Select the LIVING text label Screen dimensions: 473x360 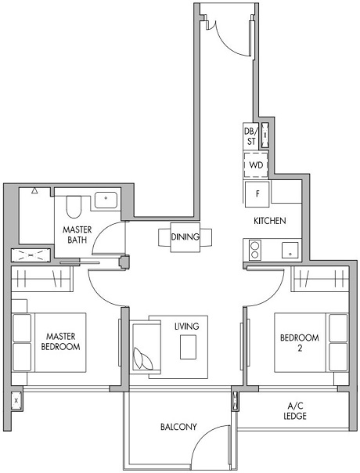187,326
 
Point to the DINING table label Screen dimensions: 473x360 185,237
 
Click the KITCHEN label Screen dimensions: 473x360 269,222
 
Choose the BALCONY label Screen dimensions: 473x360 178,427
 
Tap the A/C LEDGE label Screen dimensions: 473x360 296,410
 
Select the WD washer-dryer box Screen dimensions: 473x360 255,165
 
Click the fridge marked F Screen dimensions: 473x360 255,192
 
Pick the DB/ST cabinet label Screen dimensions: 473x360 250,136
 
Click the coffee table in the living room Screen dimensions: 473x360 187,346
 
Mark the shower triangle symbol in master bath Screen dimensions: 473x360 35,190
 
